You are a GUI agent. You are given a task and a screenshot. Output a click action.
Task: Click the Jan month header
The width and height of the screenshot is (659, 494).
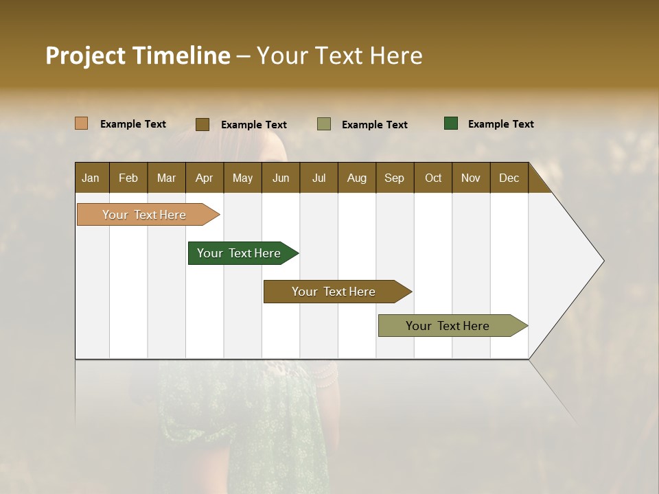coord(91,178)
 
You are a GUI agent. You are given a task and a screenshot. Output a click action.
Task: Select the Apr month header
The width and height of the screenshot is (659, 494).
coord(204,178)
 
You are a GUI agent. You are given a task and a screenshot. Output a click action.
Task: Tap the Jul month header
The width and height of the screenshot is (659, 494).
coord(319,178)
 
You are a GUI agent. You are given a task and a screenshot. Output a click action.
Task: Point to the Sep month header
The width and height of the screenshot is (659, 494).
coord(394,178)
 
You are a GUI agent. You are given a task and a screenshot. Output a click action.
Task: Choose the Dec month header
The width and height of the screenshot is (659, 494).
coord(509,178)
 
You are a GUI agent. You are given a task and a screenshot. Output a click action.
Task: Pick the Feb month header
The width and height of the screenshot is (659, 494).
coord(128,178)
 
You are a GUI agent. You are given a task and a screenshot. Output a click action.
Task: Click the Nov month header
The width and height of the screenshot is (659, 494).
coord(470,178)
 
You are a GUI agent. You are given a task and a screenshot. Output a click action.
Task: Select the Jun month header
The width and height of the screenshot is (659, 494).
coord(281,178)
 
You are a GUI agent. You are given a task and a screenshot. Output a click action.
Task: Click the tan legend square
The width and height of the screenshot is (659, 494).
coord(82,123)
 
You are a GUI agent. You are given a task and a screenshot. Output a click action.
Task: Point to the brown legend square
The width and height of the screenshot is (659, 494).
coord(203,124)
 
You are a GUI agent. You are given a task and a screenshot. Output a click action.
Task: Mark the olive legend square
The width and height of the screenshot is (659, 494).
coord(324,124)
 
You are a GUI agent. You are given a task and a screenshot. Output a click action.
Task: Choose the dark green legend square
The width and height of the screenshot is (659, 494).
coord(451,123)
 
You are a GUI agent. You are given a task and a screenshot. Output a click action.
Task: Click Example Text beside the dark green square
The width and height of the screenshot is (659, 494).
coord(500,124)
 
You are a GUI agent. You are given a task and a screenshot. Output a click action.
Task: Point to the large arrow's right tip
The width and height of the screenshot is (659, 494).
coord(603,261)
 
